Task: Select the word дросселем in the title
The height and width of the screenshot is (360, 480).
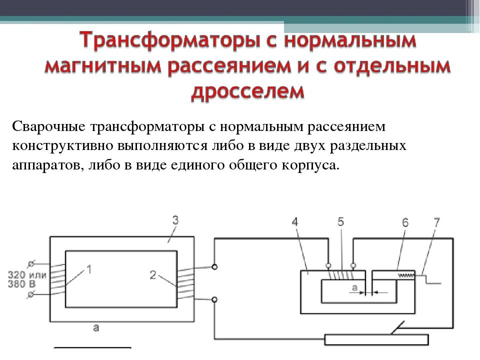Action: (x=248, y=91)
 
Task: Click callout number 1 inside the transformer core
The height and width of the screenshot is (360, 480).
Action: (x=89, y=270)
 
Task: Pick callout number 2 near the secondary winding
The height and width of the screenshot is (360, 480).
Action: (x=153, y=274)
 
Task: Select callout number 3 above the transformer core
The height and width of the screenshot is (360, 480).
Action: (x=175, y=220)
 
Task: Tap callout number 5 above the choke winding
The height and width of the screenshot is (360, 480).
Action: (x=340, y=222)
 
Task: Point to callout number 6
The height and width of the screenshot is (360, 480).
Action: (x=405, y=222)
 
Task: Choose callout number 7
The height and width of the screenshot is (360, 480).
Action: (x=436, y=222)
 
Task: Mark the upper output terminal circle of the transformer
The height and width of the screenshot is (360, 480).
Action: (x=214, y=267)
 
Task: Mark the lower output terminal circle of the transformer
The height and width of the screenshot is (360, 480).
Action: (x=214, y=299)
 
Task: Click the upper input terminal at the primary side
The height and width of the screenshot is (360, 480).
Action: (x=31, y=263)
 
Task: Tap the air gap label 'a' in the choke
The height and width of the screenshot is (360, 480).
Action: (x=354, y=287)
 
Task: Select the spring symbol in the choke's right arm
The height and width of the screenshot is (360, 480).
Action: (x=406, y=275)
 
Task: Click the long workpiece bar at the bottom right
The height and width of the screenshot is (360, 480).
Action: (x=376, y=339)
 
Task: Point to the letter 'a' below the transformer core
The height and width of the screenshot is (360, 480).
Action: (x=96, y=328)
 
